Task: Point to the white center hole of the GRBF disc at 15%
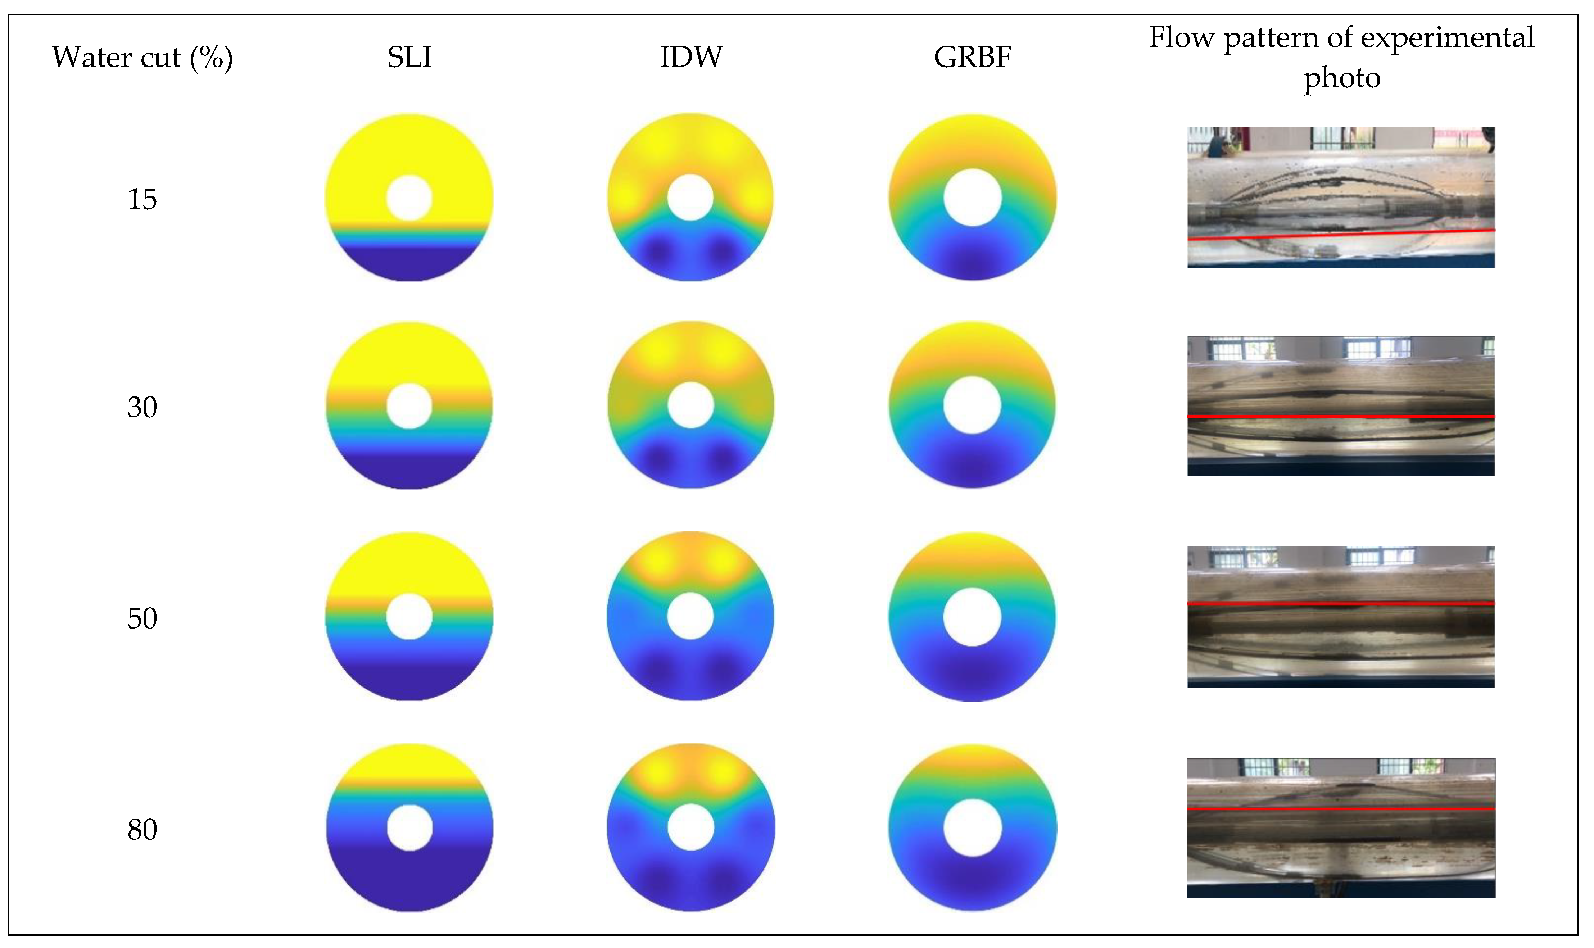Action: click(x=972, y=198)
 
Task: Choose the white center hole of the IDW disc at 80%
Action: click(x=690, y=827)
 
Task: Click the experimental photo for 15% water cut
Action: click(x=1340, y=198)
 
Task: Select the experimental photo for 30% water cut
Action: click(x=1340, y=406)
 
